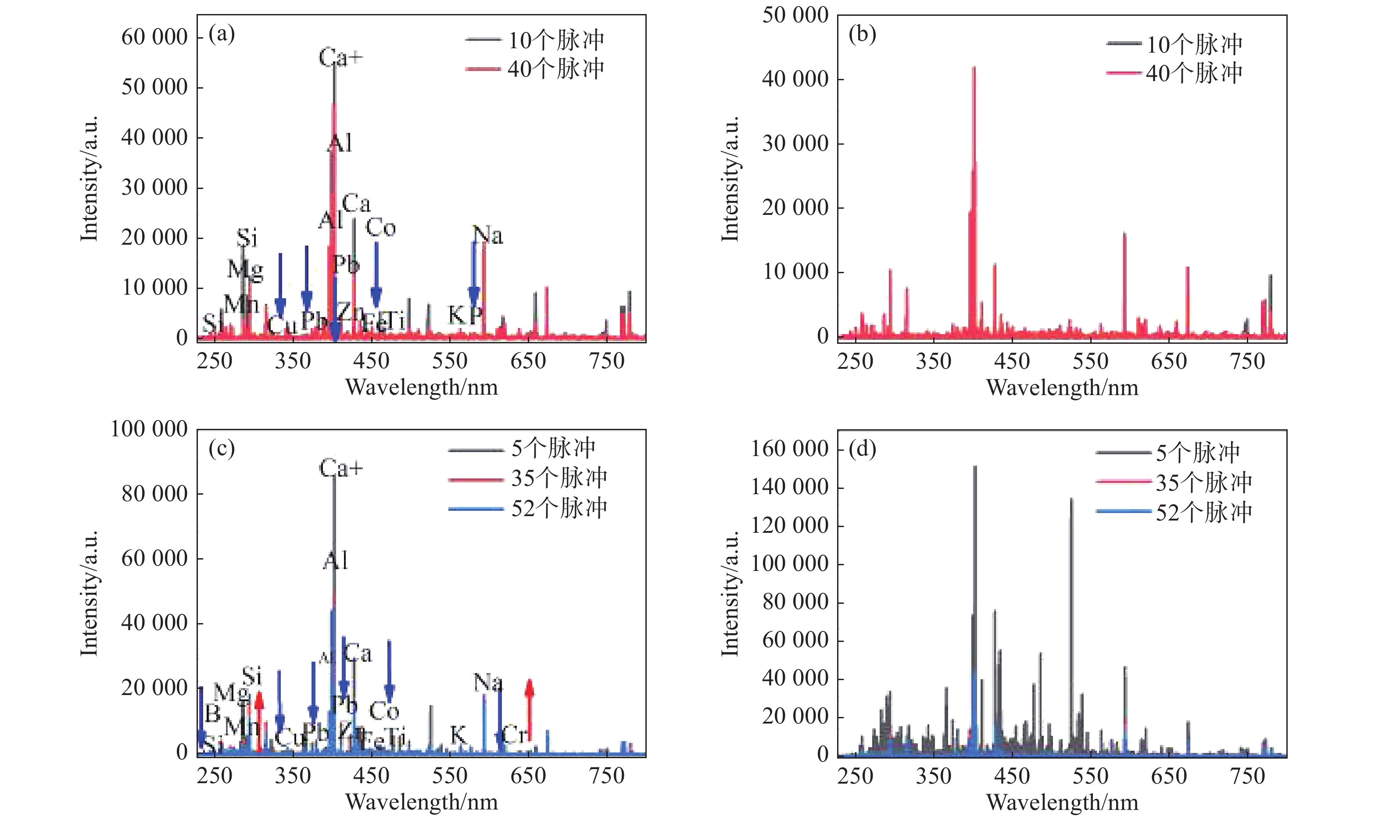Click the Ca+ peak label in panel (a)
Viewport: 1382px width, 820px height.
click(x=340, y=57)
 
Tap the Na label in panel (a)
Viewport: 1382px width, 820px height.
click(x=488, y=235)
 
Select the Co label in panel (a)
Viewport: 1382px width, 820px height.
click(x=381, y=228)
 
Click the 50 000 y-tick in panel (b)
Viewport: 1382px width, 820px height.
click(x=795, y=15)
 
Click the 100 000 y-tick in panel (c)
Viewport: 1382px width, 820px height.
click(x=149, y=429)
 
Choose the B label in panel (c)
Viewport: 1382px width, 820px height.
click(x=213, y=714)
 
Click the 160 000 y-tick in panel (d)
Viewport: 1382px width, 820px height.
click(x=789, y=449)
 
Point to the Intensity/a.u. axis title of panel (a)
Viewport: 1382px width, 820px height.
click(x=89, y=178)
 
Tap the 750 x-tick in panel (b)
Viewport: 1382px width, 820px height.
click(x=1247, y=361)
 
